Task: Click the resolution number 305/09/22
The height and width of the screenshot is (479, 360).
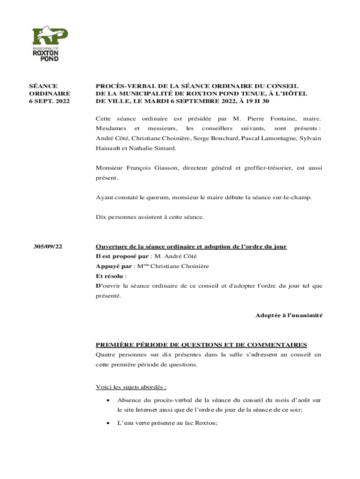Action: [49, 247]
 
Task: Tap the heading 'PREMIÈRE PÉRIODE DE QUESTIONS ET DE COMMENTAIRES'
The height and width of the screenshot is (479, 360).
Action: [202, 345]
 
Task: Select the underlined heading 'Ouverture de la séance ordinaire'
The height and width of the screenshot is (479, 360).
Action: [191, 247]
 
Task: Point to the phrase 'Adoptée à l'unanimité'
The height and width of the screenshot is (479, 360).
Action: [288, 315]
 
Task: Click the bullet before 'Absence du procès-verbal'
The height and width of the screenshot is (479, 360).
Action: [108, 401]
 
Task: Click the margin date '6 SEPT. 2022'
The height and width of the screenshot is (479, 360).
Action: [50, 101]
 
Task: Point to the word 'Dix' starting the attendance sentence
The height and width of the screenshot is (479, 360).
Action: [101, 217]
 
